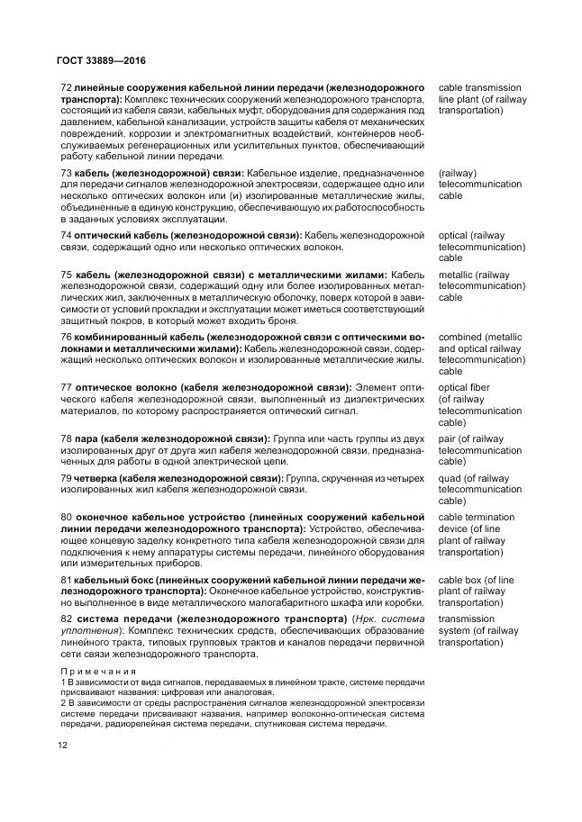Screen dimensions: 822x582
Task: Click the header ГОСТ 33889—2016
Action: pyautogui.click(x=95, y=61)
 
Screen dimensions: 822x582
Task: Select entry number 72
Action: pyautogui.click(x=65, y=87)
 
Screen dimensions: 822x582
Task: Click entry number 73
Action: pyautogui.click(x=65, y=172)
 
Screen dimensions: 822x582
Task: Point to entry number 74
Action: pyautogui.click(x=65, y=235)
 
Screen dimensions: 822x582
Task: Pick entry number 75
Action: pyautogui.click(x=65, y=275)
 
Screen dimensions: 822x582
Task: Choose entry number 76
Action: pyautogui.click(x=65, y=337)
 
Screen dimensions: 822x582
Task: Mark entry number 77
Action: pyautogui.click(x=65, y=388)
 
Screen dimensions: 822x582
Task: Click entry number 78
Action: pyautogui.click(x=65, y=438)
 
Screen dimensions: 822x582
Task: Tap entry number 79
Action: pyautogui.click(x=65, y=478)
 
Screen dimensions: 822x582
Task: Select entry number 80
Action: pyautogui.click(x=65, y=518)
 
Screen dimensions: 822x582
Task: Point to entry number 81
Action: pyautogui.click(x=65, y=580)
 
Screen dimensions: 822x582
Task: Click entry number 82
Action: pyautogui.click(x=65, y=619)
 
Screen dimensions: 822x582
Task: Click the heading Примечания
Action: pyautogui.click(x=97, y=672)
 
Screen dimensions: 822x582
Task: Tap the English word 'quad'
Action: pyautogui.click(x=451, y=478)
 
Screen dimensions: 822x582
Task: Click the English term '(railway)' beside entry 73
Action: pyautogui.click(x=458, y=172)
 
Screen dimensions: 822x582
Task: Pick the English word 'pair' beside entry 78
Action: pyautogui.click(x=449, y=438)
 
